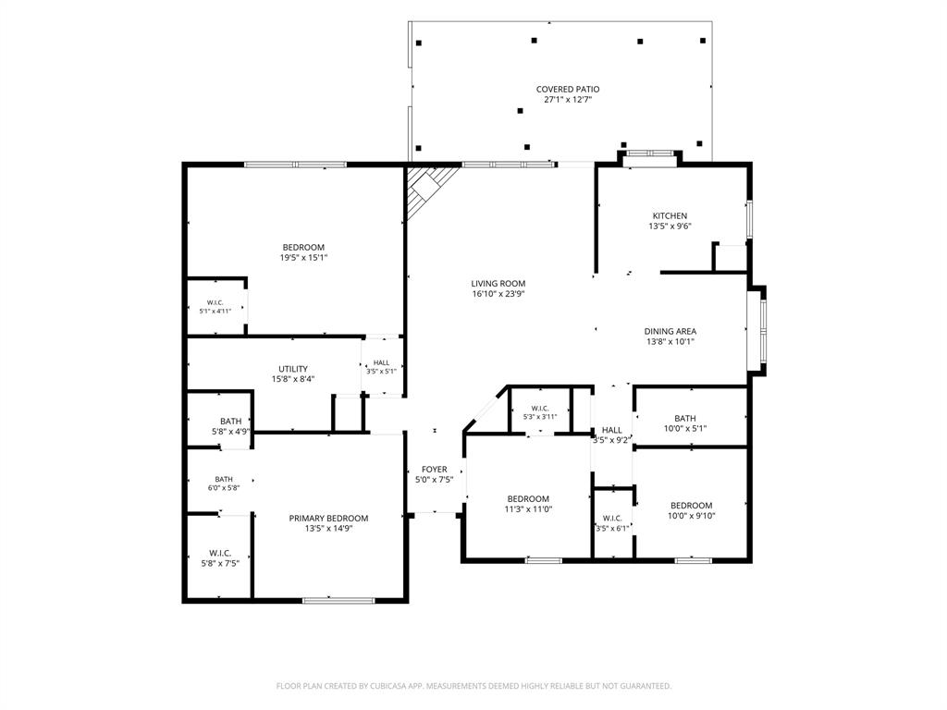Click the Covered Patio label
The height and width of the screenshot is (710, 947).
[568, 90]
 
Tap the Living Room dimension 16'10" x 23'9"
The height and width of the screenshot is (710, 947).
[498, 294]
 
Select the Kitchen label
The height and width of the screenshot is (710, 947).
[670, 215]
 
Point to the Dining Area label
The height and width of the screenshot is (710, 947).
[670, 331]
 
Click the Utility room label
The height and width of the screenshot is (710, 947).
[293, 369]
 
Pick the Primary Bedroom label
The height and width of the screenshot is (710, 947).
[328, 518]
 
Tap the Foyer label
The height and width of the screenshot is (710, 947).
[435, 469]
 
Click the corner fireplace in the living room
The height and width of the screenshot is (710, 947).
[429, 188]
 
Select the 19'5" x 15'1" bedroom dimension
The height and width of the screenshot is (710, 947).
[303, 257]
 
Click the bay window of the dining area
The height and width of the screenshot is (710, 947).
[758, 331]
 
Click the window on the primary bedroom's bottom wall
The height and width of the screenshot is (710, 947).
[338, 600]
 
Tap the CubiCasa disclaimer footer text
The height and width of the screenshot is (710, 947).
[473, 686]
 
